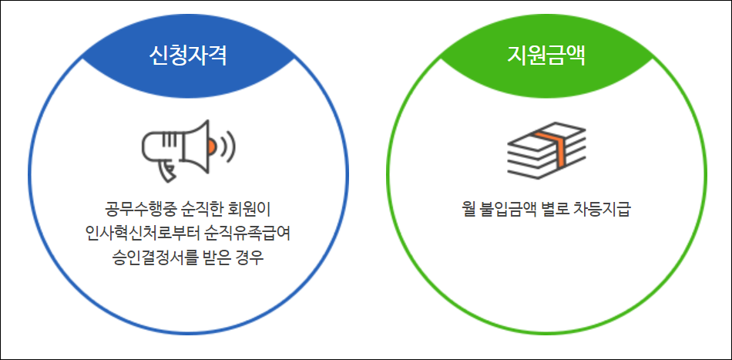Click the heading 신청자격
tap(188, 56)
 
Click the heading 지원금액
tap(546, 56)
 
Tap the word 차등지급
tap(604, 208)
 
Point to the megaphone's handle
tap(163, 168)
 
